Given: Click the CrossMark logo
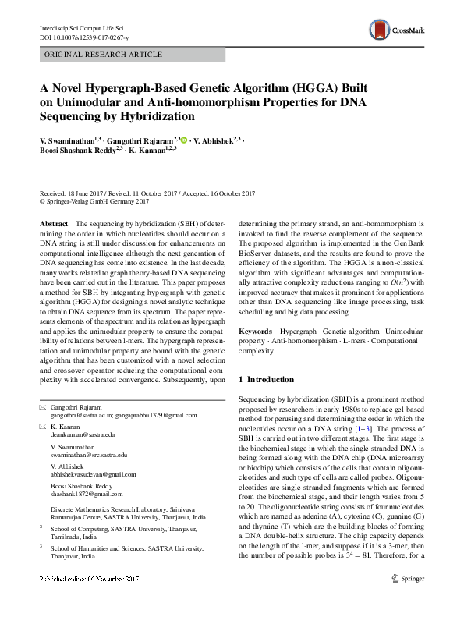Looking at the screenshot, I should (x=398, y=30).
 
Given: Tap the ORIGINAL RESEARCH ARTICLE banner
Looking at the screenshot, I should (x=104, y=55).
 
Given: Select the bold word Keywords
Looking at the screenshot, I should (x=256, y=332).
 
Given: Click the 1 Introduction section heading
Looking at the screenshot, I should (x=271, y=379).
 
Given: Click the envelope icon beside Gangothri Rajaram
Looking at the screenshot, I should (x=42, y=407).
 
